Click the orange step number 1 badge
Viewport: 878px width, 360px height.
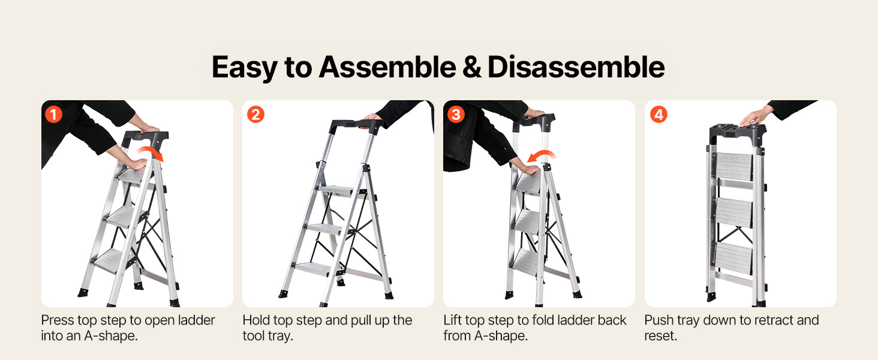coord(54,115)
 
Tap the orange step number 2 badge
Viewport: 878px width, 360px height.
coord(255,115)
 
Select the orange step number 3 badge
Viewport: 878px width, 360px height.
coord(456,115)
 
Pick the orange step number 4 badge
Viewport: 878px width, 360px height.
coord(659,115)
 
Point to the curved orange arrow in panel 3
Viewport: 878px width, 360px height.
coord(542,152)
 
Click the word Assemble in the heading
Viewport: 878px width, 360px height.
coord(387,67)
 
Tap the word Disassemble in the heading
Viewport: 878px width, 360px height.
coord(576,67)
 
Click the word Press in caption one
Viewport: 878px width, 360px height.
coord(58,320)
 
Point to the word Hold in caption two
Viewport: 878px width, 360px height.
coord(256,320)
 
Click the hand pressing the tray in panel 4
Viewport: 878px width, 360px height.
coord(754,117)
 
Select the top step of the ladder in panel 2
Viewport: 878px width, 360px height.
coord(339,191)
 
